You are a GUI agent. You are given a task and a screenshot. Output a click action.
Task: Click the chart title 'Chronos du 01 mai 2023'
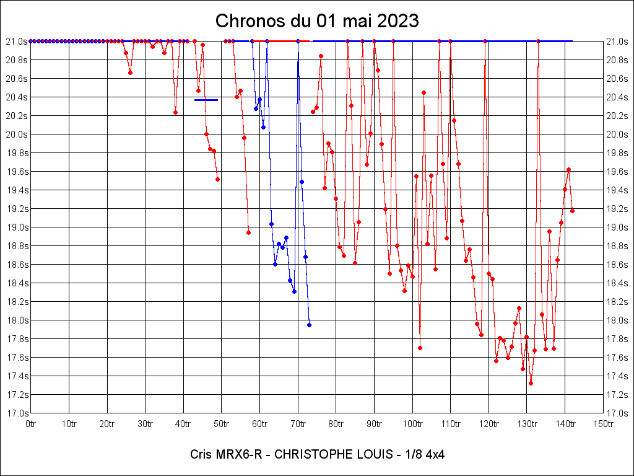[x=317, y=21]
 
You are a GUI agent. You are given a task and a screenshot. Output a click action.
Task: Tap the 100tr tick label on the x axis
[x=412, y=424]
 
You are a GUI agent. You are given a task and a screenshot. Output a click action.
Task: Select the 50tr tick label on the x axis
[x=222, y=424]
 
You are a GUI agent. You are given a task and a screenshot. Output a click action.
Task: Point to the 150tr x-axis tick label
[x=603, y=424]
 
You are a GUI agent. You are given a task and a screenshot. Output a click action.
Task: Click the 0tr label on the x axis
[x=31, y=424]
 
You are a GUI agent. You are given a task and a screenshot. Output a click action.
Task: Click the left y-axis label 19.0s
[x=17, y=227]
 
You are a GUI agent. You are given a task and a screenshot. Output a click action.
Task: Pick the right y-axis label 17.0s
[x=617, y=413]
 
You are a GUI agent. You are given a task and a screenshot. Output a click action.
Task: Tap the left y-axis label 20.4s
[x=17, y=97]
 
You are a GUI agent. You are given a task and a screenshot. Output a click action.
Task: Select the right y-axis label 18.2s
[x=617, y=302]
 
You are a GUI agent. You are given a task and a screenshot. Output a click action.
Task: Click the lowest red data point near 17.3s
[x=531, y=383]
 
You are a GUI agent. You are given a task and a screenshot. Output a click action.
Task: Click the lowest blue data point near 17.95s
[x=309, y=325]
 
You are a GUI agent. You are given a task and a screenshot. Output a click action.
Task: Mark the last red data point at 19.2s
[x=572, y=211]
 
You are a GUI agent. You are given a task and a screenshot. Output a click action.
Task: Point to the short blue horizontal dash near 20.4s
[x=206, y=100]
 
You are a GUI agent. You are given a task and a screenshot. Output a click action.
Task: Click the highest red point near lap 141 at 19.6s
[x=568, y=169]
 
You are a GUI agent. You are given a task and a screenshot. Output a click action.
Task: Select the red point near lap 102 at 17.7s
[x=420, y=348]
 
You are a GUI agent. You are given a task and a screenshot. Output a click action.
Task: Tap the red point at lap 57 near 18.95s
[x=248, y=232]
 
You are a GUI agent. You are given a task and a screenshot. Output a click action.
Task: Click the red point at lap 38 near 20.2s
[x=175, y=112]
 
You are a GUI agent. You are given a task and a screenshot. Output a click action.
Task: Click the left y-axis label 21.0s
[x=17, y=42]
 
